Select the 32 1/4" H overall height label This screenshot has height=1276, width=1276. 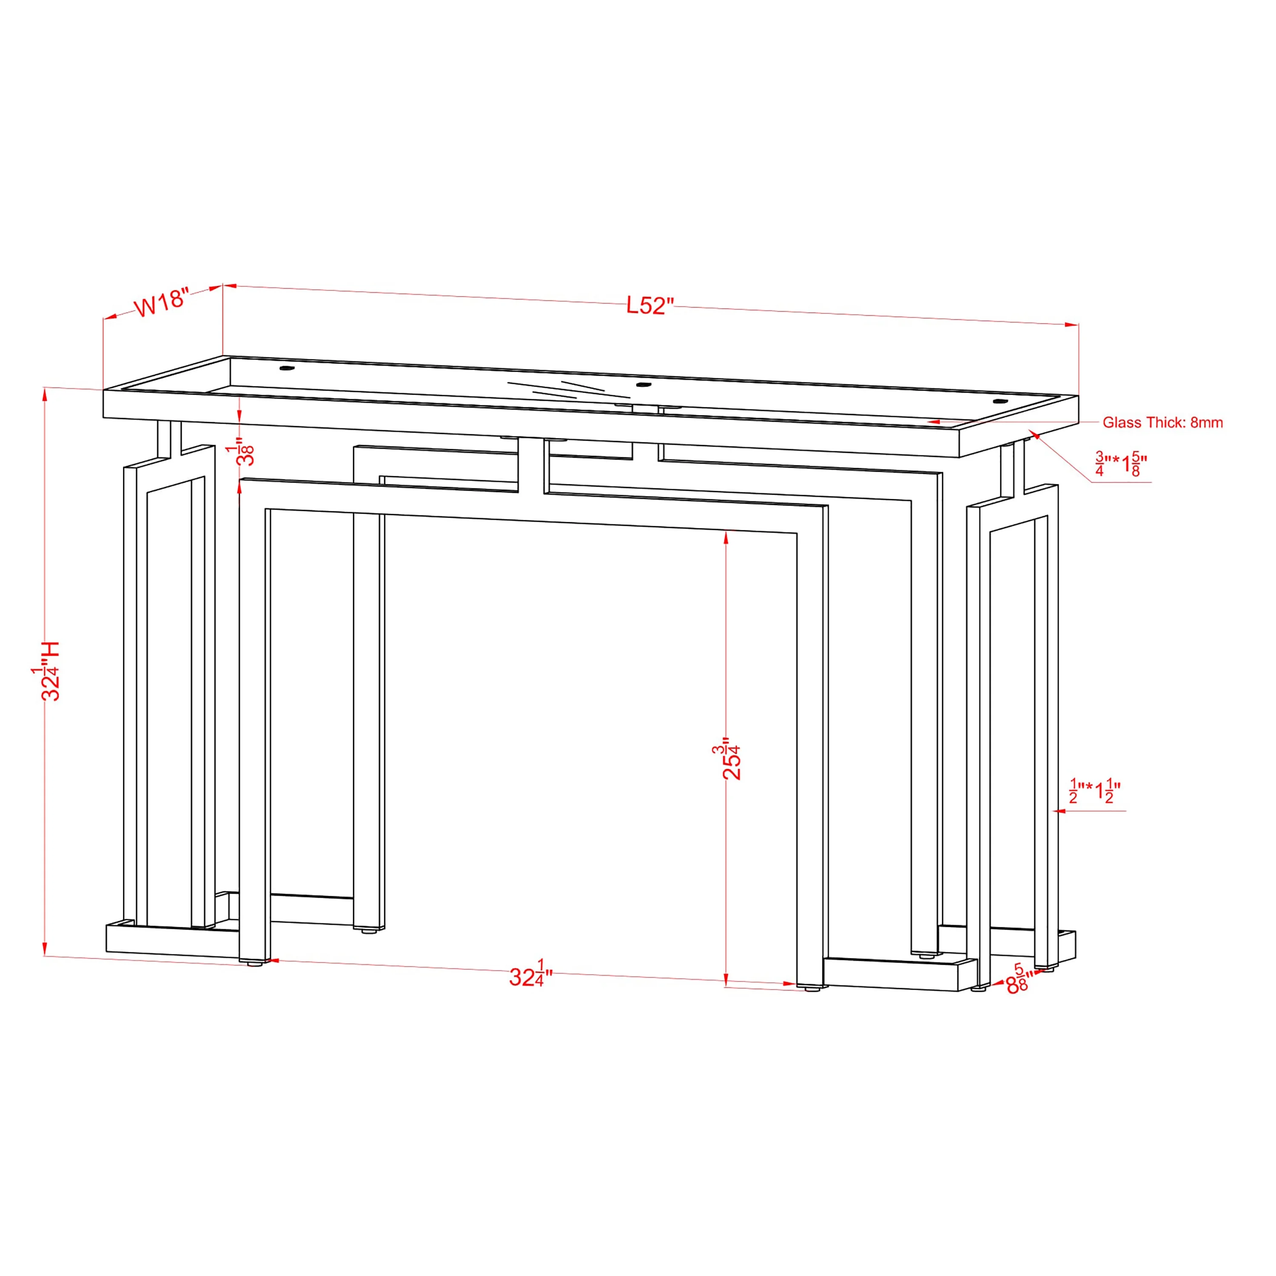pyautogui.click(x=46, y=670)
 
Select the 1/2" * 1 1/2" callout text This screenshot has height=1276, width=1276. pyautogui.click(x=1095, y=791)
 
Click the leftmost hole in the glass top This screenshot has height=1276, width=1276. pyautogui.click(x=287, y=368)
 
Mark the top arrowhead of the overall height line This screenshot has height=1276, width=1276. pyautogui.click(x=45, y=395)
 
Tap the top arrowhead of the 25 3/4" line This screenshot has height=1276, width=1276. pyautogui.click(x=726, y=538)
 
